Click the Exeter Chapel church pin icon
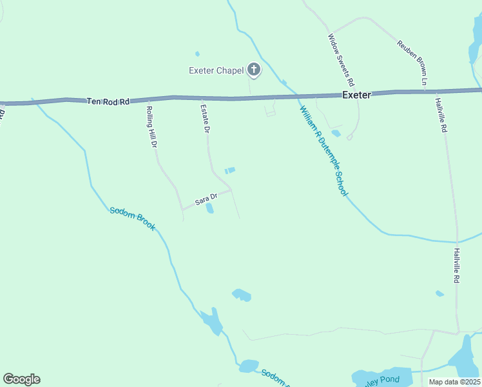(x=254, y=70)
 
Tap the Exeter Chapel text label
(x=216, y=70)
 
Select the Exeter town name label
(x=356, y=95)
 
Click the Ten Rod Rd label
(x=108, y=101)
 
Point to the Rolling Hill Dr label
(x=152, y=128)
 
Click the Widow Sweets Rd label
(x=341, y=60)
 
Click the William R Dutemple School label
(x=323, y=150)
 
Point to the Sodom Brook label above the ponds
(x=132, y=219)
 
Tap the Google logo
(x=21, y=379)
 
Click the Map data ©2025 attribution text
(x=454, y=382)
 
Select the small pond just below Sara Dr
(x=209, y=208)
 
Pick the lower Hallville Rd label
(x=456, y=266)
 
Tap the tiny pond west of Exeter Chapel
(x=197, y=54)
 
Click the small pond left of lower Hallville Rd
(x=439, y=293)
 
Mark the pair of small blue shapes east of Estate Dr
(x=229, y=170)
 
